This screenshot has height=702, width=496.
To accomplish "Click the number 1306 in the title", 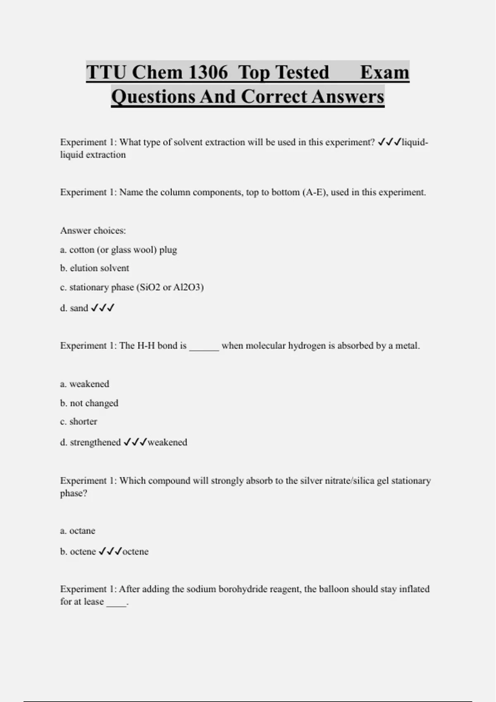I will coord(208,72).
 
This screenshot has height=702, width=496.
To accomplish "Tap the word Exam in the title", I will coord(384,72).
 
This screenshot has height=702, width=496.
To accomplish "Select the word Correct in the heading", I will coord(274,97).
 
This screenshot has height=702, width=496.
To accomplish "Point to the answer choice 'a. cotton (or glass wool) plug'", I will coord(118,250).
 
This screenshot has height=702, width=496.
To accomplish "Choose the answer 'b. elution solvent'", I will coord(94,268).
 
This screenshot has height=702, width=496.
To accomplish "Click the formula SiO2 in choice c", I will coord(149,287).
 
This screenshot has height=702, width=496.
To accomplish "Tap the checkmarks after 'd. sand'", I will coord(103,308).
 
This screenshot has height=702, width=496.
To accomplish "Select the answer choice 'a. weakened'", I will coord(84,384).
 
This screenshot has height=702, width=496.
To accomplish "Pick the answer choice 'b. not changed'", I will coord(89,403).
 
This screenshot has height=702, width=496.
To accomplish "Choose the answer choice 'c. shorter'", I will coord(79,422).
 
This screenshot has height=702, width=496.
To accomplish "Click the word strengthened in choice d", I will coord(95,442).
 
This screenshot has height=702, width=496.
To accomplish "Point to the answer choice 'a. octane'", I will coord(77,531).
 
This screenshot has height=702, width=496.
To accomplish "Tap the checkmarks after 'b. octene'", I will coord(110,552).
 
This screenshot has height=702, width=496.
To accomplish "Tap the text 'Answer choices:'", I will coord(93,230).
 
